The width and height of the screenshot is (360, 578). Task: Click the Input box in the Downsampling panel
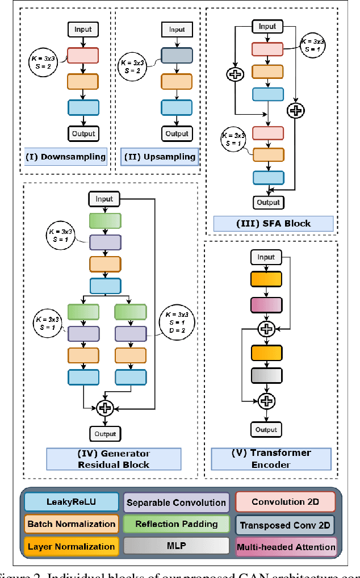tap(83, 30)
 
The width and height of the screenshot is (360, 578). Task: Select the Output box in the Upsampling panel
tap(177, 133)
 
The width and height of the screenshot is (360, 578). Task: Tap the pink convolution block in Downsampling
tap(83, 55)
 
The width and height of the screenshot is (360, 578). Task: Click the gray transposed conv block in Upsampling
tap(177, 55)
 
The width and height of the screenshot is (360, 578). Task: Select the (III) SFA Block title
tap(273, 223)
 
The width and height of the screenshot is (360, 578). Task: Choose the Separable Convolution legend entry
tap(176, 502)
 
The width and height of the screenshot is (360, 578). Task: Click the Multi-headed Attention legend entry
tap(286, 547)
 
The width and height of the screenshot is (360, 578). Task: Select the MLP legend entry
tap(176, 547)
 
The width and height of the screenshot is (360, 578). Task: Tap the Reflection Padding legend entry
tap(176, 524)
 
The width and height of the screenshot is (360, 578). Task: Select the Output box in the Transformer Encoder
tap(266, 430)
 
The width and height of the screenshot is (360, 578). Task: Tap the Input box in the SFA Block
tap(267, 26)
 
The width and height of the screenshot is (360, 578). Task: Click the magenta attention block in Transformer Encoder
tap(266, 305)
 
